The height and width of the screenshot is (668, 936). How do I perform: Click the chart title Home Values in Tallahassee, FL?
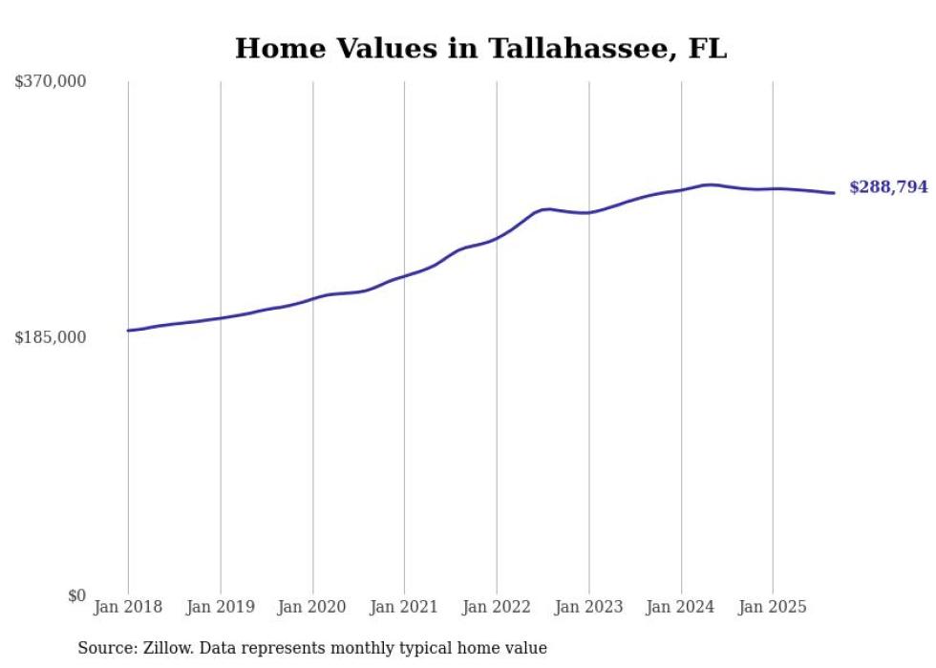click(x=480, y=49)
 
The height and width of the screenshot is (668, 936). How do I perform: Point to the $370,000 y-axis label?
click(x=51, y=82)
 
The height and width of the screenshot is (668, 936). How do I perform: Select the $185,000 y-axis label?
click(x=51, y=337)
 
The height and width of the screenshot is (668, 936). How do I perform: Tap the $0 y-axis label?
click(x=76, y=595)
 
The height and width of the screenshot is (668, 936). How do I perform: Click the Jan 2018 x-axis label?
click(x=128, y=607)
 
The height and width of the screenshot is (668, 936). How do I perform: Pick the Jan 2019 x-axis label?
click(x=221, y=607)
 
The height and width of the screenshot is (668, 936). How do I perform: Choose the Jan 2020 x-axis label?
click(x=312, y=607)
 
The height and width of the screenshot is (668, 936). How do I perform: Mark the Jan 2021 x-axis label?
click(x=404, y=607)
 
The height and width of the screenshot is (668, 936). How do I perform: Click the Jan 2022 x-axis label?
click(x=497, y=607)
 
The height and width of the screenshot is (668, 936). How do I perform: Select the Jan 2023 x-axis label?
click(x=588, y=607)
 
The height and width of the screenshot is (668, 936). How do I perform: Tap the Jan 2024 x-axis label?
click(x=681, y=607)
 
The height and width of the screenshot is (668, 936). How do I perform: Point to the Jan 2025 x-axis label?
click(x=773, y=607)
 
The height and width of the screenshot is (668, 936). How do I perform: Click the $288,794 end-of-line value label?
click(x=888, y=187)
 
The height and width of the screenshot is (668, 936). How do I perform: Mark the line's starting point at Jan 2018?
click(x=128, y=331)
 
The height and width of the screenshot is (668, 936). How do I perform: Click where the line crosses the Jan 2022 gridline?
click(x=497, y=237)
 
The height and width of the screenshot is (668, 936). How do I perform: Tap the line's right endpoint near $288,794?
click(x=835, y=193)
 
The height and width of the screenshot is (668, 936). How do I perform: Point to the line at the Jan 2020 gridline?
click(x=312, y=299)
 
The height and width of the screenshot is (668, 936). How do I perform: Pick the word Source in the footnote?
click(x=102, y=648)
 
